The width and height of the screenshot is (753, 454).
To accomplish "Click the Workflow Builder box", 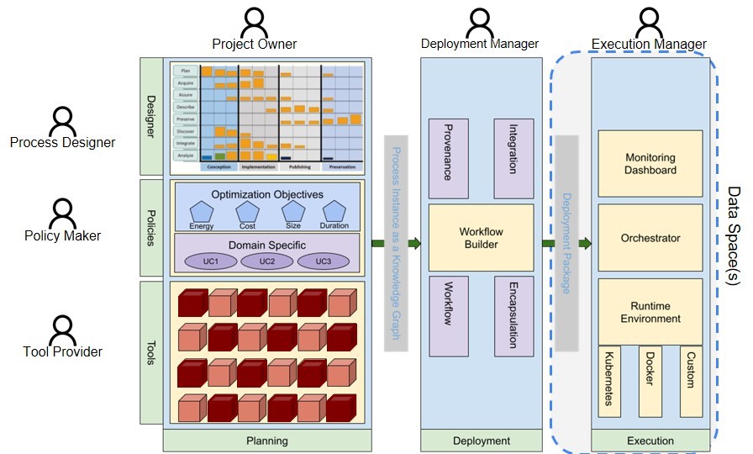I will (x=481, y=238).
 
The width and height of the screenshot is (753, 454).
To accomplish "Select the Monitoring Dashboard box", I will (x=650, y=164).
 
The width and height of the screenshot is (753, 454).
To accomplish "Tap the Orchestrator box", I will (x=650, y=238).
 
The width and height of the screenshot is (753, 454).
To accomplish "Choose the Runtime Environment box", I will (x=650, y=312).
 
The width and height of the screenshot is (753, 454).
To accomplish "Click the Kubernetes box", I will (x=609, y=380).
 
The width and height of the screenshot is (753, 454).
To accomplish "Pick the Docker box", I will (x=650, y=380).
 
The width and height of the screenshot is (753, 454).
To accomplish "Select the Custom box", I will (x=691, y=380).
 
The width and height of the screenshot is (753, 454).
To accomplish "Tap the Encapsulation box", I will (x=513, y=315).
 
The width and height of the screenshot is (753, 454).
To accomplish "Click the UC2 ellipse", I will (x=266, y=261).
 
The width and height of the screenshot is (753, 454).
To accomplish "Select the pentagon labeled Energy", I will (x=201, y=211).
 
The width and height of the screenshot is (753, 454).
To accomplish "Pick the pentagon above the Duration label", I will (x=334, y=211).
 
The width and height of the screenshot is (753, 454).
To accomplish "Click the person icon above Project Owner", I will (x=254, y=20).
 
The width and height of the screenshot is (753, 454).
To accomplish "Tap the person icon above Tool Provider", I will (x=62, y=329).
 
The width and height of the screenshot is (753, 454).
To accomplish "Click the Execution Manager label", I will (x=649, y=45).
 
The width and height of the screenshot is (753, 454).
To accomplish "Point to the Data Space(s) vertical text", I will (x=732, y=236).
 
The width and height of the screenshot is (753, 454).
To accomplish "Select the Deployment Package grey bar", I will (x=566, y=243).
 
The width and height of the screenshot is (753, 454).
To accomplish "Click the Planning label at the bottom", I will (x=266, y=441).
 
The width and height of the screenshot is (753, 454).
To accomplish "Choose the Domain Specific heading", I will (x=266, y=244).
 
